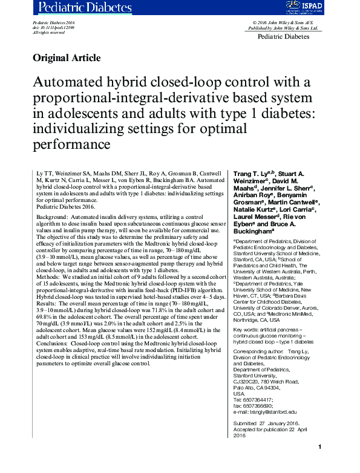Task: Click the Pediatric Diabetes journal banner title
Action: (x=85, y=7)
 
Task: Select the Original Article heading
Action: (x=66, y=58)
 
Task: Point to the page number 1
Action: (x=319, y=463)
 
